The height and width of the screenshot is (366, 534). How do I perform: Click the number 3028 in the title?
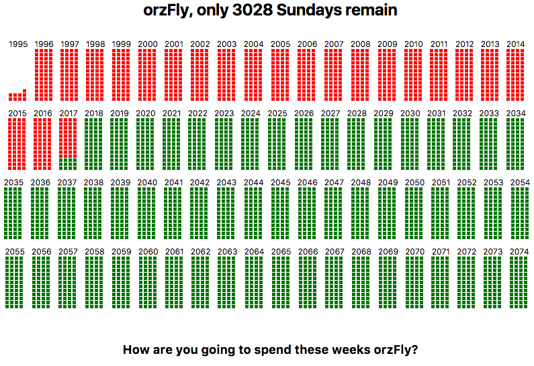253,10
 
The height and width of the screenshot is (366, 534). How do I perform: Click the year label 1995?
18,44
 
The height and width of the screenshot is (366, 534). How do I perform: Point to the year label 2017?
69,113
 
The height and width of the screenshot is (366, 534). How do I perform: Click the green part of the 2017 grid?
68,164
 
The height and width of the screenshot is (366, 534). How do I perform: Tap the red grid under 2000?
147,75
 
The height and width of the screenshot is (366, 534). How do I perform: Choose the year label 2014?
516,44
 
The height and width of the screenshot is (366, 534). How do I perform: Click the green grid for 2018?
93,144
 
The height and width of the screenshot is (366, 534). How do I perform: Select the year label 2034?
516,113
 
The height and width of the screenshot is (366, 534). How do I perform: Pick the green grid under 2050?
414,213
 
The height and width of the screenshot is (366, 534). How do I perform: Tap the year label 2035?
13,183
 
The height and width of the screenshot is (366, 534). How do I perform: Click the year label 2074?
519,252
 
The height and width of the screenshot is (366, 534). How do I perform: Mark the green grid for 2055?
14,282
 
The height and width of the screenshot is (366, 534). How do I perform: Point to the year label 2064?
254,252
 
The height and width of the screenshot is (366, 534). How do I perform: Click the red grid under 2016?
42,144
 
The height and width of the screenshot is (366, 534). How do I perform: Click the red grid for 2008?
360,75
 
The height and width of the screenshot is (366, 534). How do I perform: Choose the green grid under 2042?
199,213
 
